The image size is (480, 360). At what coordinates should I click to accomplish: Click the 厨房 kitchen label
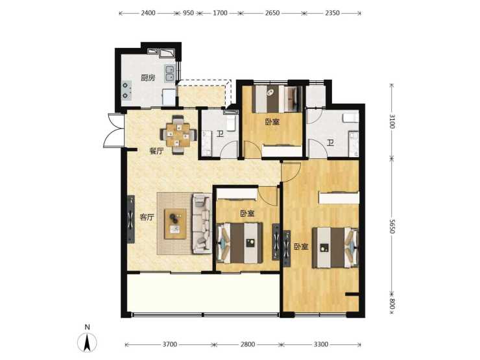(x=148, y=78)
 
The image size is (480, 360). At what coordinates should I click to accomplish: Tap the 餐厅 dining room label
(x=156, y=151)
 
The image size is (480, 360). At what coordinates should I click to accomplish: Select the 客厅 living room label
(x=147, y=217)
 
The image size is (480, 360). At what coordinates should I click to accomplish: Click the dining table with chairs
(x=178, y=134)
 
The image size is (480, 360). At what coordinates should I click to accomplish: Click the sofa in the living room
(x=202, y=223)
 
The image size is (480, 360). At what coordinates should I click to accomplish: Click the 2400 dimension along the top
(x=148, y=13)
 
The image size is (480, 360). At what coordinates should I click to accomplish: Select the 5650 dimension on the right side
(x=392, y=226)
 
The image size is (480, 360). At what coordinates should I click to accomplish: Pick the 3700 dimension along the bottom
(x=169, y=344)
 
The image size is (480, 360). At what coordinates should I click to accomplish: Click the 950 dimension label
(x=188, y=13)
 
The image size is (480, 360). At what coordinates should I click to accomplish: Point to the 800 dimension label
(x=392, y=304)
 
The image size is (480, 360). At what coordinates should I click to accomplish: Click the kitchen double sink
(x=169, y=73)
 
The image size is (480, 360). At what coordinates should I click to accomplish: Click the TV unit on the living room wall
(x=131, y=219)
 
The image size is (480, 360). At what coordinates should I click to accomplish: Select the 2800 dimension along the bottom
(x=248, y=344)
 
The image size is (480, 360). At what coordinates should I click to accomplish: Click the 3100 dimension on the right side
(x=392, y=121)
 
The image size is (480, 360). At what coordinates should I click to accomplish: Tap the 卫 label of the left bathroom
(x=220, y=134)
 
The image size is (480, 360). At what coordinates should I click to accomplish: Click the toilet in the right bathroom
(x=351, y=118)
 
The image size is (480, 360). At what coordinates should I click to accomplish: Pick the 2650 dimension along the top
(x=272, y=13)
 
